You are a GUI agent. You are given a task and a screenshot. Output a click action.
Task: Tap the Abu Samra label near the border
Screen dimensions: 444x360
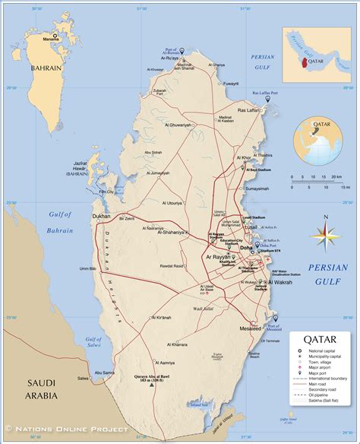103,373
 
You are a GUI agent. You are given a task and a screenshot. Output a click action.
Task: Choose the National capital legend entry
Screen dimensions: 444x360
319,350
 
